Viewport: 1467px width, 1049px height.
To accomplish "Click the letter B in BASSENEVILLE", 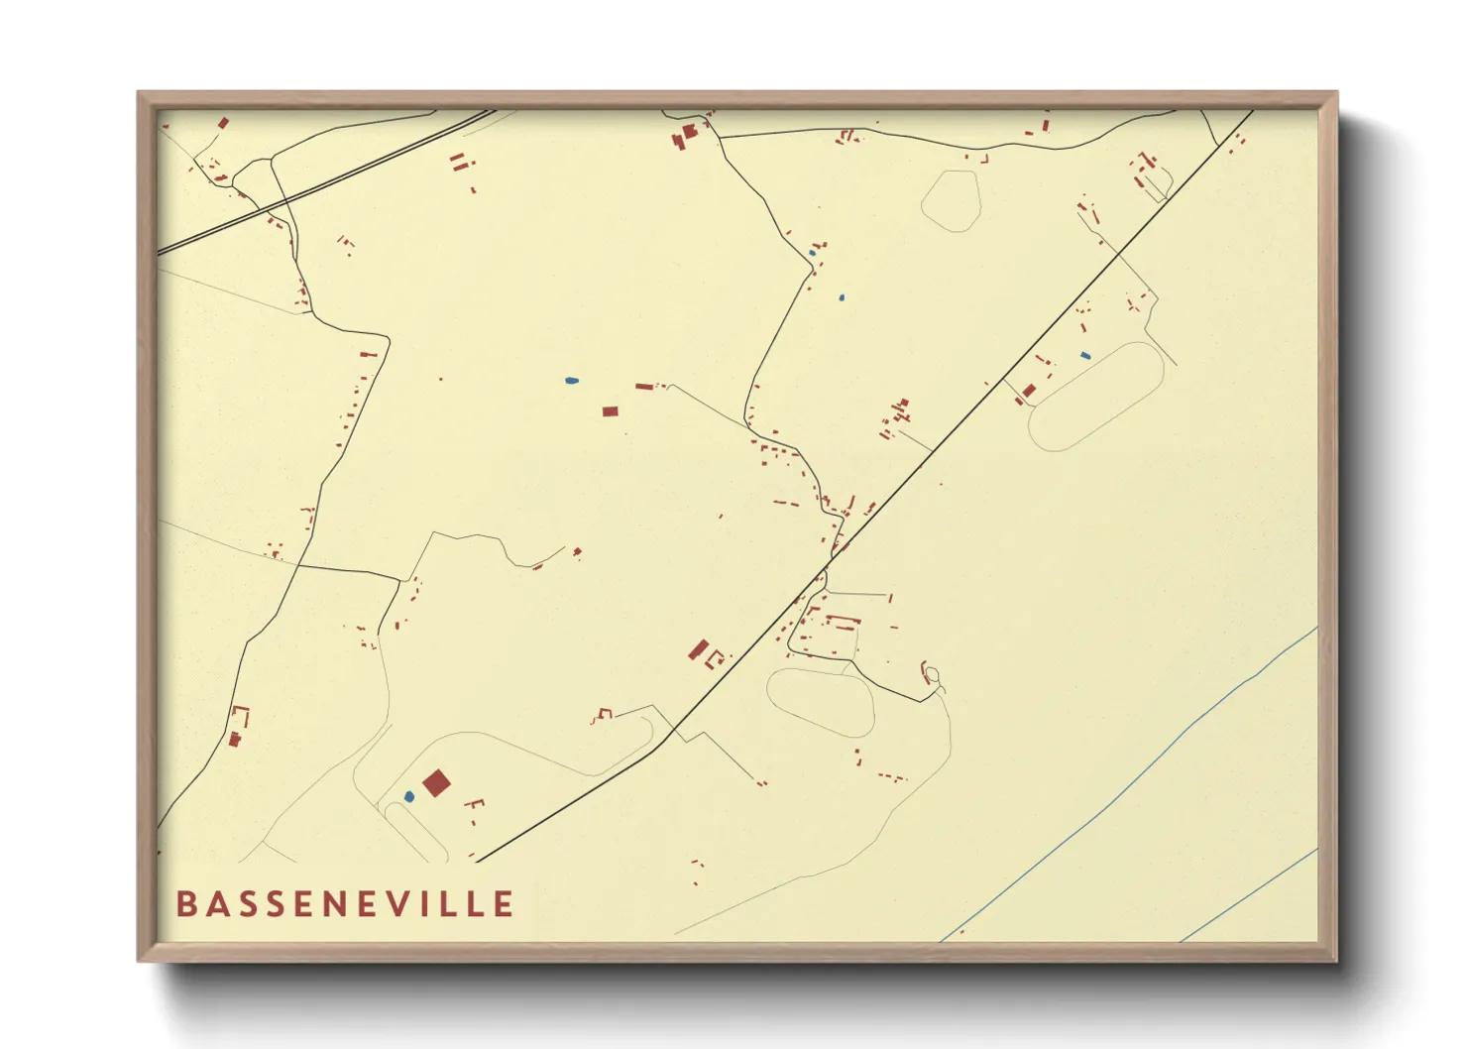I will coord(185,904).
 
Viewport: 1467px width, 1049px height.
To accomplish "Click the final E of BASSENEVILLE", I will coord(505,904).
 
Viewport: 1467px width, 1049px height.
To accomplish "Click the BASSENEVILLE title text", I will coord(345,904).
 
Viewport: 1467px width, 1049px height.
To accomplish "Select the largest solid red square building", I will coord(436,783).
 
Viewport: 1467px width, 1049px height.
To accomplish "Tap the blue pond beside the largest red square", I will coord(409,796).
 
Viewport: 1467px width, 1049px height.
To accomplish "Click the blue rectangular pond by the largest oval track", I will coord(1085,355).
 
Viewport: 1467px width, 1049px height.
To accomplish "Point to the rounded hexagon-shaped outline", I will coord(951,201).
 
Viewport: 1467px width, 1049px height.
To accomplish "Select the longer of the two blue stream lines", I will coord(1130,783).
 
